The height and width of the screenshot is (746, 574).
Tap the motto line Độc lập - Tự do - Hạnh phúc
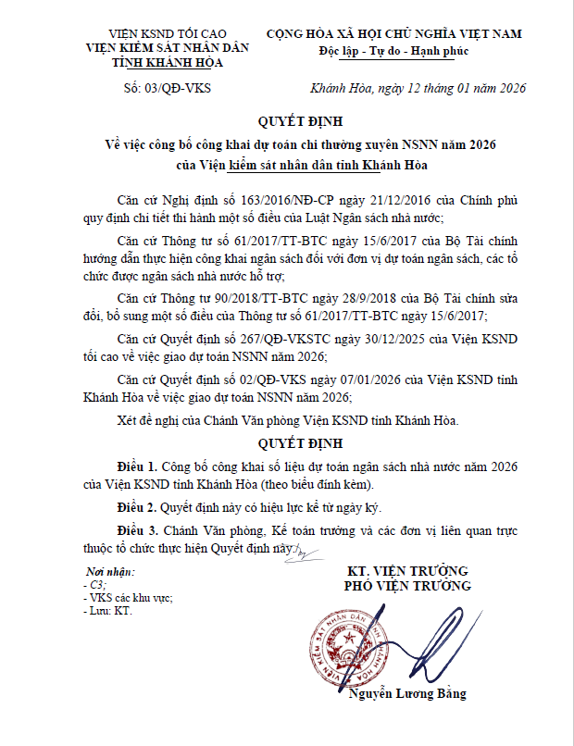(393, 51)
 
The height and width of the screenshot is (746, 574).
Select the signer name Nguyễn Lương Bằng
(407, 694)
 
